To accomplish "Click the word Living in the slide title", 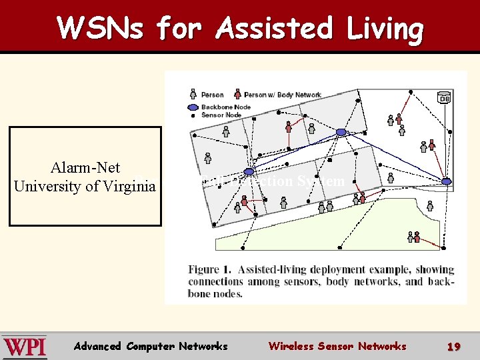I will click(x=383, y=29).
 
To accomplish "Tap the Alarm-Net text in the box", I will click(x=85, y=168).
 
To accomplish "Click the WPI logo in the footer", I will click(x=24, y=347).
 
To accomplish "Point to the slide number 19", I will click(x=454, y=347).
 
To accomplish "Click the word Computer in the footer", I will click(x=149, y=346).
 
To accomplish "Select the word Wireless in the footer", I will click(x=291, y=346).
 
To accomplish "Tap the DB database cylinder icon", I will click(x=443, y=98).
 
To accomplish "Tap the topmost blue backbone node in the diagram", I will click(x=341, y=132).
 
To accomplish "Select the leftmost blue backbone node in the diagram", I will click(x=249, y=173).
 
